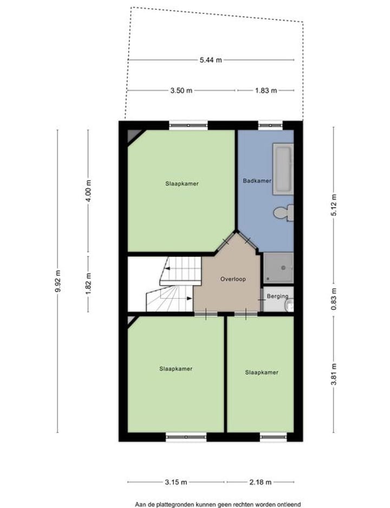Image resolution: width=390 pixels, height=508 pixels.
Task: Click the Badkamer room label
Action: click(x=257, y=181)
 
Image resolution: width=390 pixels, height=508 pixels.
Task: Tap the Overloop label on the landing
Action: click(x=233, y=279)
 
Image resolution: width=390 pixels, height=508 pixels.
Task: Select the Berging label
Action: click(x=277, y=296)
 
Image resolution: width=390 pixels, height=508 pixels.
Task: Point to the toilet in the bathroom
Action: click(x=283, y=213)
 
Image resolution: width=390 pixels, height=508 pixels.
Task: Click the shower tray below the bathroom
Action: click(x=278, y=268)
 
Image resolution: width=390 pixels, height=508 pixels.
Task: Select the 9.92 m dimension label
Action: click(x=57, y=281)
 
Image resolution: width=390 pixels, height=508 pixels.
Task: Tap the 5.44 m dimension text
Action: click(x=211, y=60)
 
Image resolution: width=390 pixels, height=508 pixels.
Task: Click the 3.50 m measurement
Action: click(x=181, y=91)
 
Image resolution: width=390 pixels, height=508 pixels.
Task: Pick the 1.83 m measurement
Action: click(x=265, y=91)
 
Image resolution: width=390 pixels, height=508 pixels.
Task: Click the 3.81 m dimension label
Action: click(x=334, y=373)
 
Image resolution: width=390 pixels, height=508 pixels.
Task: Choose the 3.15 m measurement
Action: click(x=177, y=482)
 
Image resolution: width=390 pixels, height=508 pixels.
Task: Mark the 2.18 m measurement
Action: click(x=261, y=482)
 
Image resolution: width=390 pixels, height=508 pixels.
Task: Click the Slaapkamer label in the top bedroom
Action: click(x=182, y=183)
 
